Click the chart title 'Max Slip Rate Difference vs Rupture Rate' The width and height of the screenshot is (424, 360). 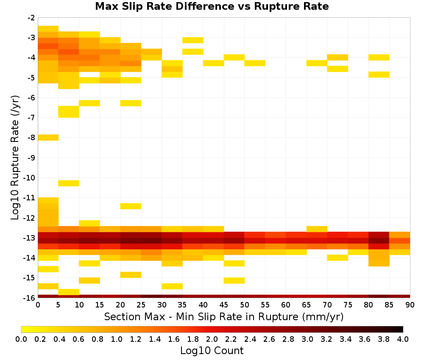212,6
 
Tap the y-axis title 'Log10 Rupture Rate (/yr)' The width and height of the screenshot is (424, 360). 15,157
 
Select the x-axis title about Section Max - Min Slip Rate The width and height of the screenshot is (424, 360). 223,317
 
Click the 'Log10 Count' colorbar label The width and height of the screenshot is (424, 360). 212,351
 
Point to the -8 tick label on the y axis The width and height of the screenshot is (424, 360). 31,138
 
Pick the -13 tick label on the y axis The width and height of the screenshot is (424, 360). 30,238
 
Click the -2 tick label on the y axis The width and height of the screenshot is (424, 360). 31,18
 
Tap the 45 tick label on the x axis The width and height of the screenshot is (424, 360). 224,305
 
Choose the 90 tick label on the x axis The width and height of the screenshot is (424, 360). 410,305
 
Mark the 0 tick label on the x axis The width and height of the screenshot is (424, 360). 38,305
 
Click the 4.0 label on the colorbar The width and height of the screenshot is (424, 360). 403,339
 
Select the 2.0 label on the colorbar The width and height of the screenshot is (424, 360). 212,339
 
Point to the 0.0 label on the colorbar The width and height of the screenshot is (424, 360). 21,339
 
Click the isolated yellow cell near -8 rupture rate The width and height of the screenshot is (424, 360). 48,138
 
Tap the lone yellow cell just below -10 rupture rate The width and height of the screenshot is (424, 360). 69,183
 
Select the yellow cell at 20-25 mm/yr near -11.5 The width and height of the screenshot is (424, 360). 131,206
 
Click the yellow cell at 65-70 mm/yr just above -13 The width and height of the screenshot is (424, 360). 317,229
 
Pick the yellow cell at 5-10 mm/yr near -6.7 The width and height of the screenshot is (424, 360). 69,112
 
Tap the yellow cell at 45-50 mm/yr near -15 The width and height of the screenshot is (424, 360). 234,281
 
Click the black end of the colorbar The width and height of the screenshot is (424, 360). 400,329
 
